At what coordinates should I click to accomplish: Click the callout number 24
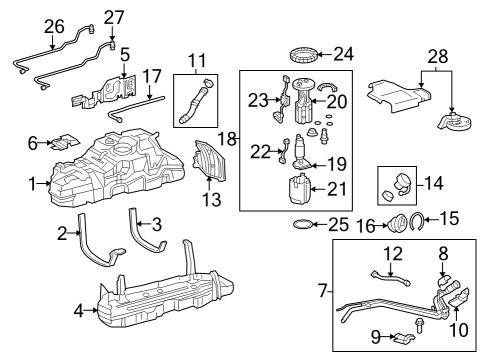(343, 52)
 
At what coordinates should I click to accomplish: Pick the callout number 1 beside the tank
(33, 183)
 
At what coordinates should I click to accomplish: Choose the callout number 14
(433, 183)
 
